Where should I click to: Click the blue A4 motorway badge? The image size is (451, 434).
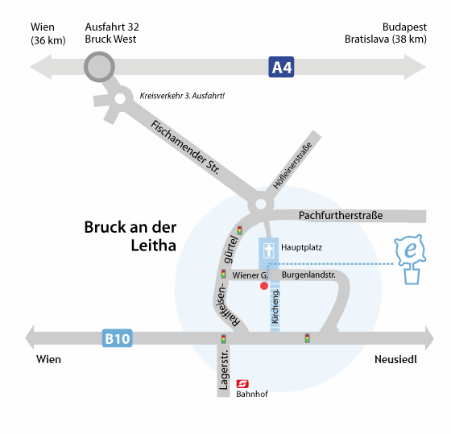point(281,67)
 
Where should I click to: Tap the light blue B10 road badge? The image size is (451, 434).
point(118,338)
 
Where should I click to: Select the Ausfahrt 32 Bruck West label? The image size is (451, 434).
point(112,33)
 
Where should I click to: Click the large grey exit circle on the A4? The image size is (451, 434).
point(100,67)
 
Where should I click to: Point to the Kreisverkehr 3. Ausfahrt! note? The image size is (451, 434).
point(182,96)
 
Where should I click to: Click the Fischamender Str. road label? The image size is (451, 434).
point(185,147)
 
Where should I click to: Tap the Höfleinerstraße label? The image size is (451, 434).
point(292,165)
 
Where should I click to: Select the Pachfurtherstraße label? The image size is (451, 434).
point(341,215)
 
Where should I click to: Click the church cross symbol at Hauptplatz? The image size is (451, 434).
point(269,250)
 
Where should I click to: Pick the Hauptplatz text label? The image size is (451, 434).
point(301,247)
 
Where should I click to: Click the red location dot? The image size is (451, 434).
point(264,286)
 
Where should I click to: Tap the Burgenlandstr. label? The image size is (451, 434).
point(308,275)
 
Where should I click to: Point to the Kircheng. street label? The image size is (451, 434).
point(275,306)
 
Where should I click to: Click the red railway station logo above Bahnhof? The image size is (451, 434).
point(242,383)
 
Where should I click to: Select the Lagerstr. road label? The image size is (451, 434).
point(224,370)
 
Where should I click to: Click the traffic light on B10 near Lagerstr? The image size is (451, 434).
point(224,339)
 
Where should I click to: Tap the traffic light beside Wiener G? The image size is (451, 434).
point(224,274)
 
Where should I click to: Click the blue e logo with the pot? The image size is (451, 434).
point(411,259)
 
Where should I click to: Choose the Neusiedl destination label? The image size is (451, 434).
point(395,359)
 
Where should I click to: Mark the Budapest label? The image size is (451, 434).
point(404,27)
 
